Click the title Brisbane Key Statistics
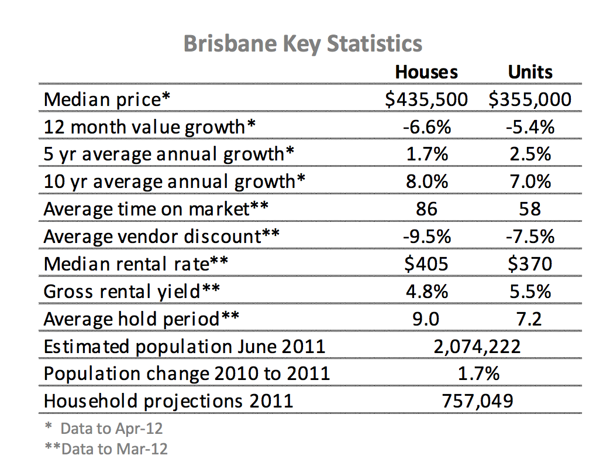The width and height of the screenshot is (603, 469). point(302,44)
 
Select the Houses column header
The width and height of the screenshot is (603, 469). point(426,72)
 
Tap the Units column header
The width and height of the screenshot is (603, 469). point(530,72)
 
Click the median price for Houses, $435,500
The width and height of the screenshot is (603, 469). point(426,100)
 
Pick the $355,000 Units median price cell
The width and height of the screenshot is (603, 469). point(530,100)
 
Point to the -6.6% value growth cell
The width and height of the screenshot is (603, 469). point(426,127)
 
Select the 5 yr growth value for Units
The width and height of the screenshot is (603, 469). point(530,154)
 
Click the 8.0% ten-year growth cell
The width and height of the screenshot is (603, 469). point(426,182)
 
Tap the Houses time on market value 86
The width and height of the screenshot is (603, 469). point(426,209)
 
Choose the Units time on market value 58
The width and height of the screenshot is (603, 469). point(530,209)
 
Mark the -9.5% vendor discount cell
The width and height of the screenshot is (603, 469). point(426,237)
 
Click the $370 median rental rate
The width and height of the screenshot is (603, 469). point(530,264)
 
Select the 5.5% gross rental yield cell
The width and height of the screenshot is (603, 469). point(530,291)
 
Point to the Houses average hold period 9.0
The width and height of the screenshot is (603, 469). point(426,319)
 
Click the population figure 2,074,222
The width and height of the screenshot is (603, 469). point(477,346)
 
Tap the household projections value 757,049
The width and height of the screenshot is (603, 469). point(477,401)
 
